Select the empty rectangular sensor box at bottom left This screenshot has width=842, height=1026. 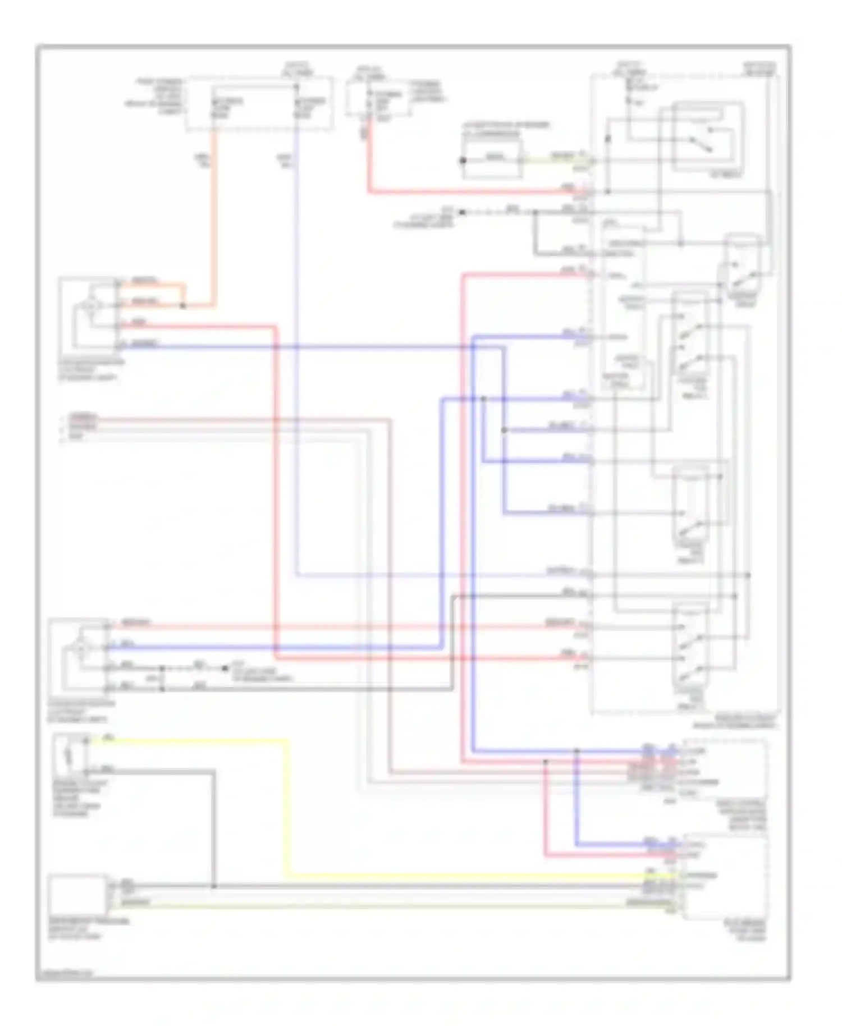click(x=77, y=893)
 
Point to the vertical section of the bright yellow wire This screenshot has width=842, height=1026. click(x=288, y=808)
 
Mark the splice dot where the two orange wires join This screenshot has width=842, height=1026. click(x=182, y=306)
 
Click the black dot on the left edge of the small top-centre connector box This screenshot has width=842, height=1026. click(x=463, y=161)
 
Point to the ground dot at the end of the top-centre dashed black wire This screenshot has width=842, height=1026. click(x=462, y=212)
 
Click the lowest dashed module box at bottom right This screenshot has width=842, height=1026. click(x=724, y=876)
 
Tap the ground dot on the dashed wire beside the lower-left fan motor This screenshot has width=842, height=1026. click(x=225, y=668)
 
